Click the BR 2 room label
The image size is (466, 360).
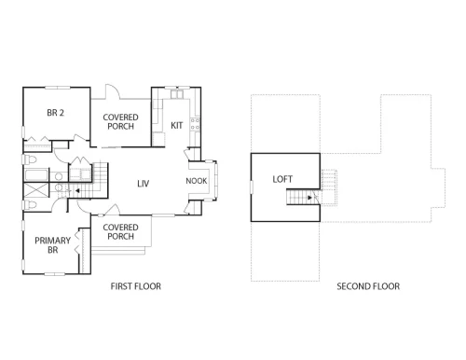(x=56, y=113)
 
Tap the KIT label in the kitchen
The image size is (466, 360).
(x=177, y=125)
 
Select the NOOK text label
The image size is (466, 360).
(x=197, y=181)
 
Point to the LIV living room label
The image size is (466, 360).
(x=144, y=184)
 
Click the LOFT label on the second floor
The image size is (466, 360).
(x=282, y=179)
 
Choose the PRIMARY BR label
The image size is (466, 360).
(x=52, y=245)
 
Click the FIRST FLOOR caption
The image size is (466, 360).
(x=136, y=286)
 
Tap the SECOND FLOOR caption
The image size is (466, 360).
(x=368, y=286)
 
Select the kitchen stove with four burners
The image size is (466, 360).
(x=195, y=124)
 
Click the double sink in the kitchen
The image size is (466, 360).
(x=177, y=94)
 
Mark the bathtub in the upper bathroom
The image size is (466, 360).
(x=36, y=175)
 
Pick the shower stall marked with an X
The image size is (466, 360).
(x=36, y=190)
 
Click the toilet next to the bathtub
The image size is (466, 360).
(x=30, y=159)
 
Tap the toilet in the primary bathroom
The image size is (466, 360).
(x=30, y=205)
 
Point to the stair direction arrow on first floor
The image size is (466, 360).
(x=77, y=190)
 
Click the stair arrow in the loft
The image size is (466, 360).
(x=309, y=198)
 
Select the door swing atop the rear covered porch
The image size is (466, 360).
(x=112, y=91)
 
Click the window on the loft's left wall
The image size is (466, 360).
(x=252, y=187)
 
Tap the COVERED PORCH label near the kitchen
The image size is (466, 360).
(x=120, y=121)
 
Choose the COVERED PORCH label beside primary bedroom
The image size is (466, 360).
(x=120, y=231)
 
